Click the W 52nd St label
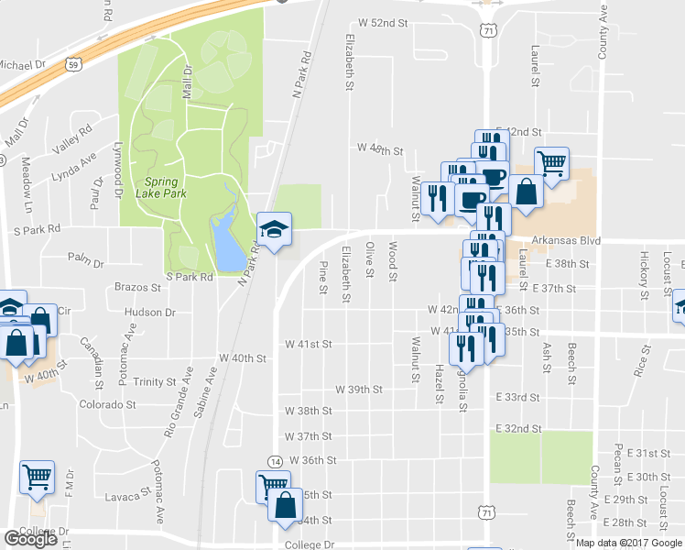(x=382, y=21)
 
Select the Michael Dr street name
(x=22, y=65)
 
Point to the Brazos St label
(x=138, y=287)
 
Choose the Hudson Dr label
(x=149, y=313)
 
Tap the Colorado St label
(x=107, y=403)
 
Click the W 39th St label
(x=358, y=389)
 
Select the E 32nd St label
(x=517, y=428)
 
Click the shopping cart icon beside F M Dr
(x=38, y=477)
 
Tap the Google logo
(x=30, y=539)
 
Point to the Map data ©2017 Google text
(x=629, y=542)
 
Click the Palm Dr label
(x=86, y=263)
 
